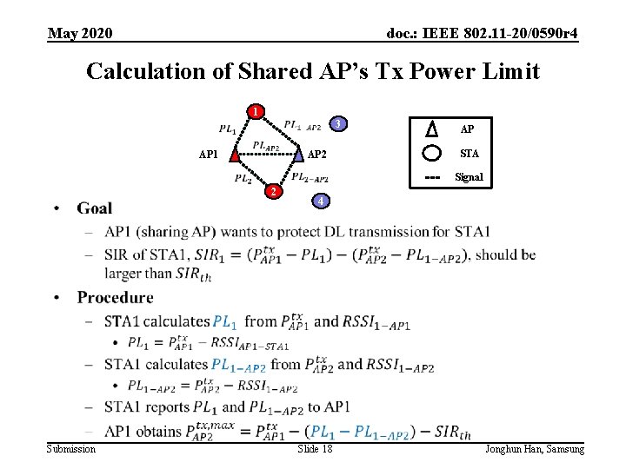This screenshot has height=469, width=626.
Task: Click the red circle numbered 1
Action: (255, 111)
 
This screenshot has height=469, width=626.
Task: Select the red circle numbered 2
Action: (273, 191)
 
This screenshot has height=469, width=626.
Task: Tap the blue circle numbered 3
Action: (339, 123)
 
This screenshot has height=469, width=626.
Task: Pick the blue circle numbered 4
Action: (320, 201)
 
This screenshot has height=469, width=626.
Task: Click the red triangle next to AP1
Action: (234, 155)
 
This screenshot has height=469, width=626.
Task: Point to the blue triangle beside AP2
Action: (298, 155)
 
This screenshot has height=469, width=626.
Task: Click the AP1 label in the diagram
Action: (209, 155)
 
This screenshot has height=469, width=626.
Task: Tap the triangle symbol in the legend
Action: (432, 129)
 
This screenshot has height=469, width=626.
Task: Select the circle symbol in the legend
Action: (432, 153)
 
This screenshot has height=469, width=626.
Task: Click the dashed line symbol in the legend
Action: (432, 177)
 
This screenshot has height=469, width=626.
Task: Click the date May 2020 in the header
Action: (80, 33)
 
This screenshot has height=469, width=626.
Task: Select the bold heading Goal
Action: (94, 208)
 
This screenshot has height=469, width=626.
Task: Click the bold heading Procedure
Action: (115, 297)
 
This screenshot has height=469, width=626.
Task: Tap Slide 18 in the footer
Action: (315, 448)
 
